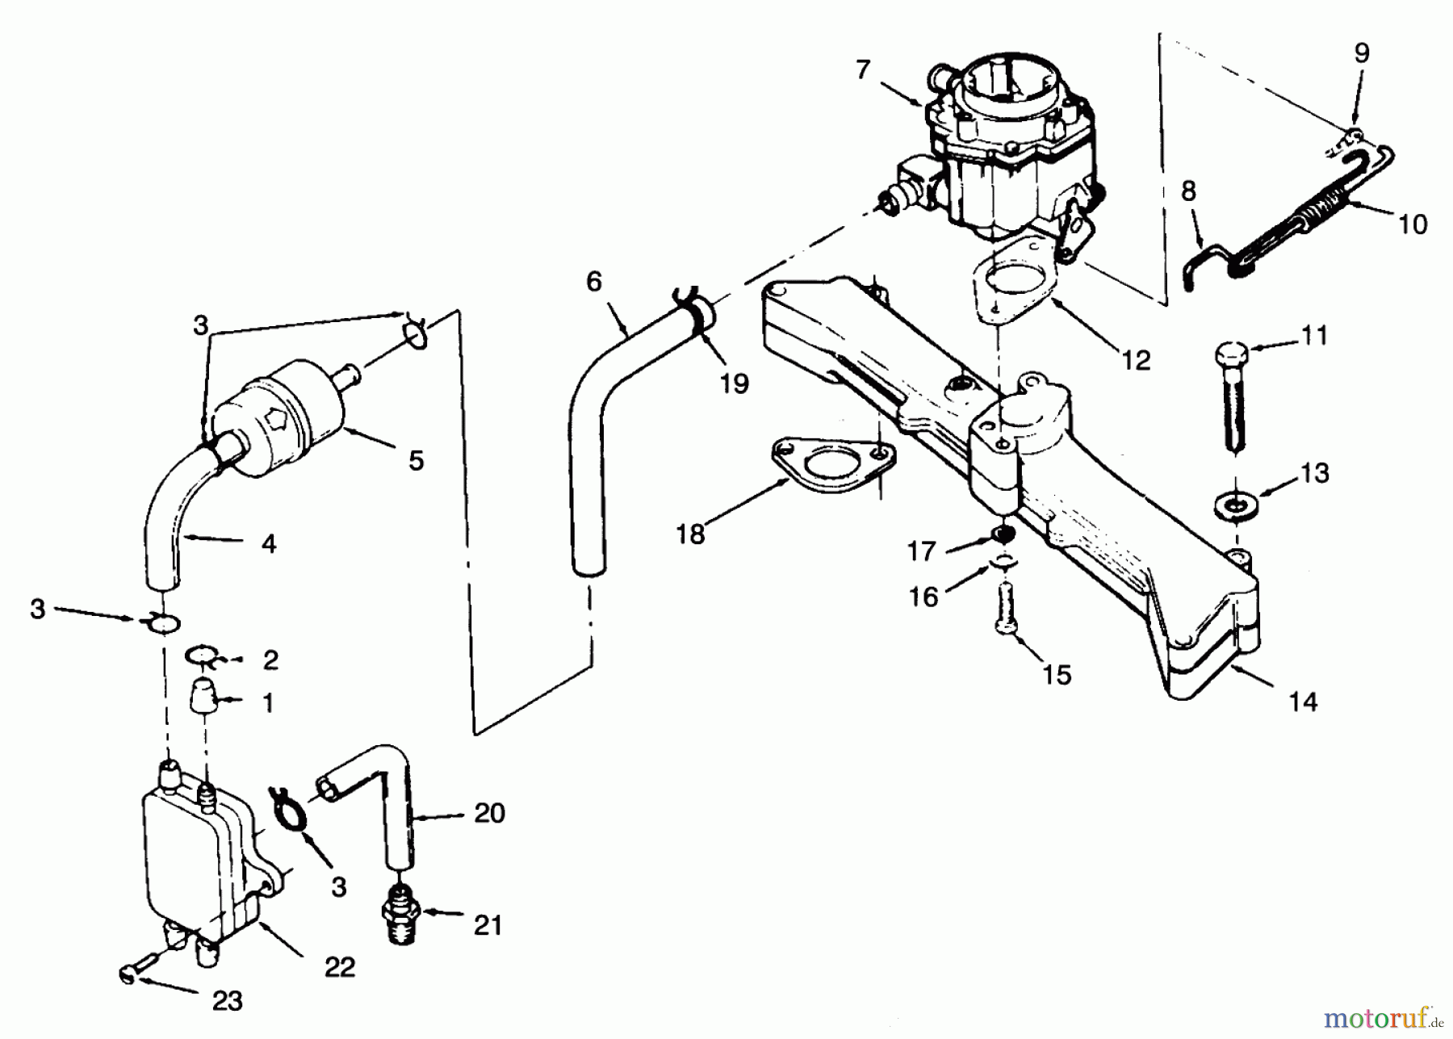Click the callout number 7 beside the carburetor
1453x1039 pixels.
click(863, 71)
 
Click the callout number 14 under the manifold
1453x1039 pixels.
click(1303, 702)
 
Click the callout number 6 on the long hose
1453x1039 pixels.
click(594, 282)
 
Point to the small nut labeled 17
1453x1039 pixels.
click(1002, 534)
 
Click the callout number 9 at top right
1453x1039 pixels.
click(1361, 53)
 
